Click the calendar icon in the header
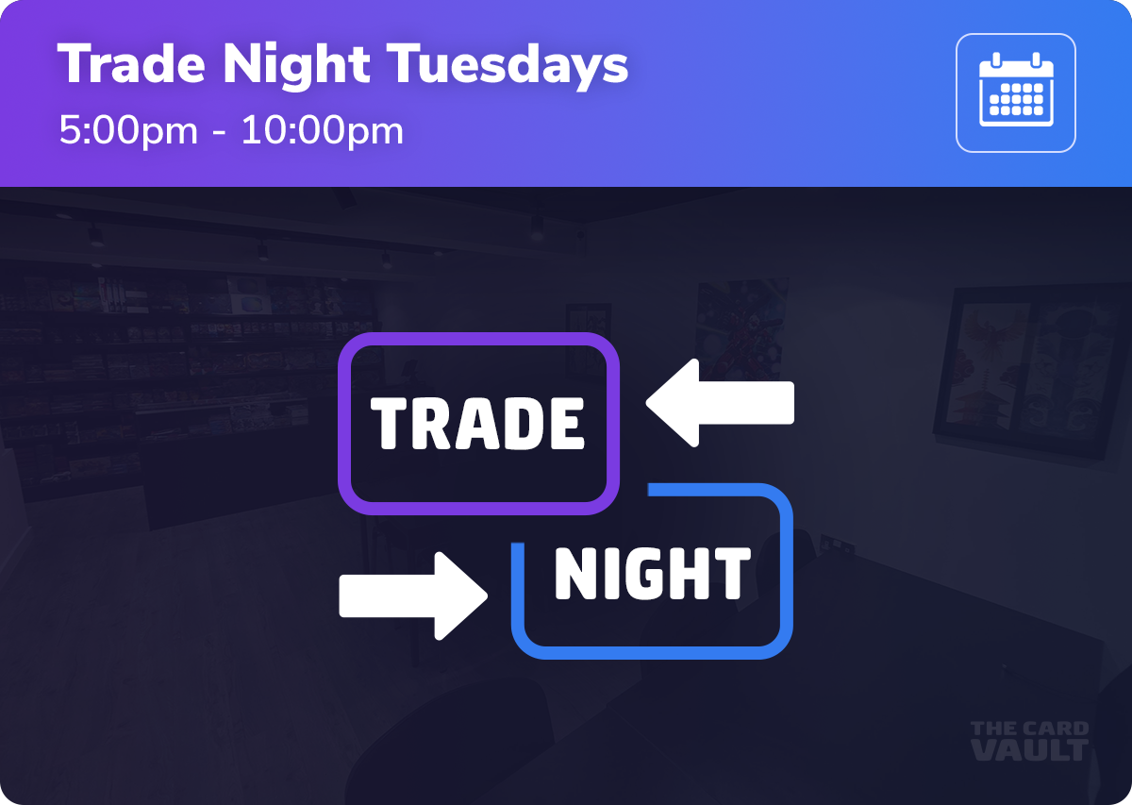[x=1015, y=92]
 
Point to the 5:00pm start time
[x=128, y=130]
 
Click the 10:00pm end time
[x=322, y=130]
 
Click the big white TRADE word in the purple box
[x=477, y=424]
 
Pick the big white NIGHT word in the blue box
[x=652, y=575]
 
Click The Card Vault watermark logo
[x=1029, y=741]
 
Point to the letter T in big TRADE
[x=388, y=424]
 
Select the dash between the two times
[x=219, y=132]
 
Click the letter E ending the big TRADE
[x=566, y=424]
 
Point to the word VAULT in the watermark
[x=1029, y=750]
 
